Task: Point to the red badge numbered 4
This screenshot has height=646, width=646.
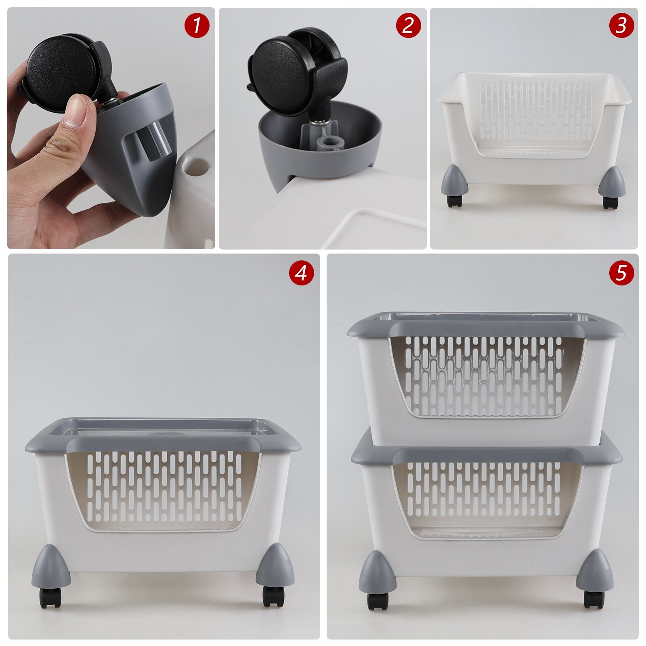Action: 301,273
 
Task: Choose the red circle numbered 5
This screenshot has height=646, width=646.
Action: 621,273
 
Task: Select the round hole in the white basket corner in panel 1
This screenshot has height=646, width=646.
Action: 197,164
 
